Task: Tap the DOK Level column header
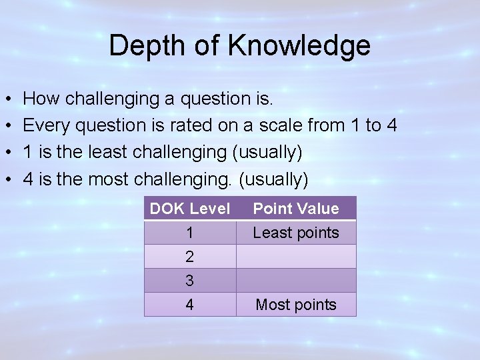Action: point(190,209)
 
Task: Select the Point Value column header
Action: point(296,209)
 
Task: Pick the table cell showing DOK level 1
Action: point(190,233)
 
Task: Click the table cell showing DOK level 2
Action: point(190,257)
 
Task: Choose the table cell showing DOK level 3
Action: point(190,281)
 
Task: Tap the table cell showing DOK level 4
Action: point(190,305)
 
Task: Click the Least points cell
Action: point(296,233)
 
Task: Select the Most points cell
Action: point(296,305)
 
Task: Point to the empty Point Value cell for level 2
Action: point(296,257)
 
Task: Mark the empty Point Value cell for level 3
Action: point(296,281)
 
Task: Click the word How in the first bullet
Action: point(40,99)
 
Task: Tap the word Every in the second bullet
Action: point(45,126)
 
